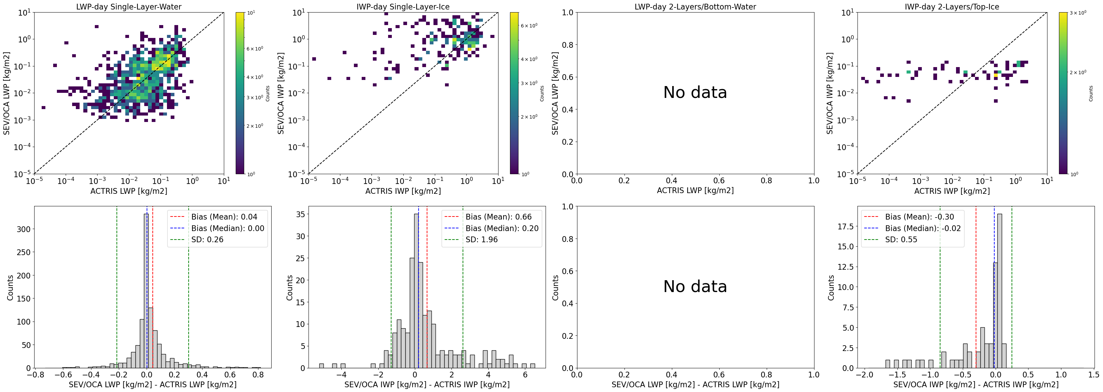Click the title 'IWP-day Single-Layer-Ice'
click(403, 7)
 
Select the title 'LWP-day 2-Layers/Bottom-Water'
click(695, 7)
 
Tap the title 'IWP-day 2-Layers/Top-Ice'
click(952, 7)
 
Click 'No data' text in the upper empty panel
click(695, 92)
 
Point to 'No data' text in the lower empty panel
click(695, 287)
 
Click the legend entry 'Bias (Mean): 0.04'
click(224, 217)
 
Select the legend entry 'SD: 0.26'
click(207, 240)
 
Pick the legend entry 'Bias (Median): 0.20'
click(502, 228)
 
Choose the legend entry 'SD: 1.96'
click(481, 240)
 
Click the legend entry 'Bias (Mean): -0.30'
click(919, 217)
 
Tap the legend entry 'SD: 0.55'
click(901, 240)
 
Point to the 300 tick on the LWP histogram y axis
click(24, 229)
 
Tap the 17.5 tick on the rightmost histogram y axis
click(845, 226)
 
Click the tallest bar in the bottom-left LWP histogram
click(146, 291)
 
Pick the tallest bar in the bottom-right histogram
click(999, 291)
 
